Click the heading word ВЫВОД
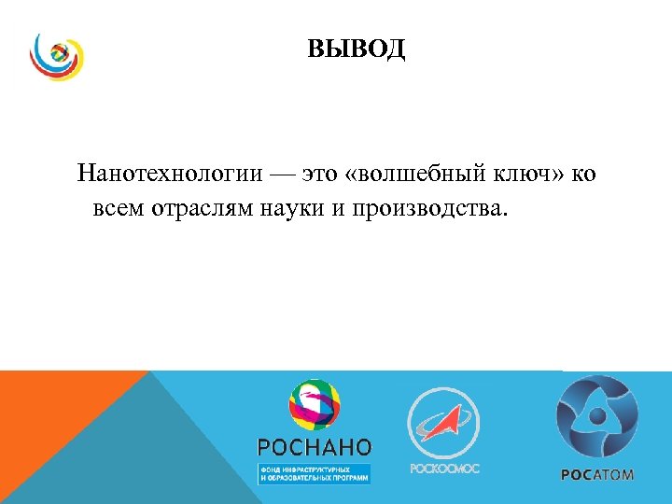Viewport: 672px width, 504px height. click(357, 49)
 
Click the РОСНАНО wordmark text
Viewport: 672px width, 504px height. click(314, 447)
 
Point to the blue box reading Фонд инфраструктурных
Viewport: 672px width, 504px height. click(314, 472)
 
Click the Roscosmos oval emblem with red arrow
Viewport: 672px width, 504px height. click(444, 422)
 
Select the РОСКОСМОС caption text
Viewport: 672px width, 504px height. click(444, 468)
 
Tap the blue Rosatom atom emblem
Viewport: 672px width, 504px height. click(596, 416)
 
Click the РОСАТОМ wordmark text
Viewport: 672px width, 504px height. click(596, 474)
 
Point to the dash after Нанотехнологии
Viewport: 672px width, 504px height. click(277, 175)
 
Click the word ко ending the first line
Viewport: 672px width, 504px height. click(582, 175)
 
